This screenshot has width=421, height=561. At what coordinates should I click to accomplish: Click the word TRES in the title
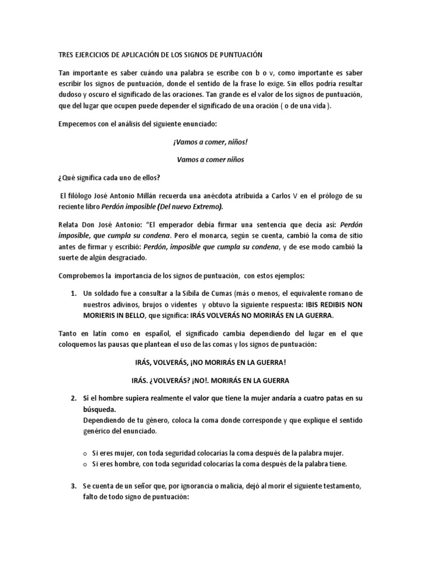click(67, 55)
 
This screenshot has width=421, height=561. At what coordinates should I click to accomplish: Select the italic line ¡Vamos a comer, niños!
click(210, 142)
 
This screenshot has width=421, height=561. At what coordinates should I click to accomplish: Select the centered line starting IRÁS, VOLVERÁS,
click(210, 363)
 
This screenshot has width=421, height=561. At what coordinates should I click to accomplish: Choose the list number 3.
click(74, 486)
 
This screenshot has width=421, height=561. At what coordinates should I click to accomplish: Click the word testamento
click(341, 486)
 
